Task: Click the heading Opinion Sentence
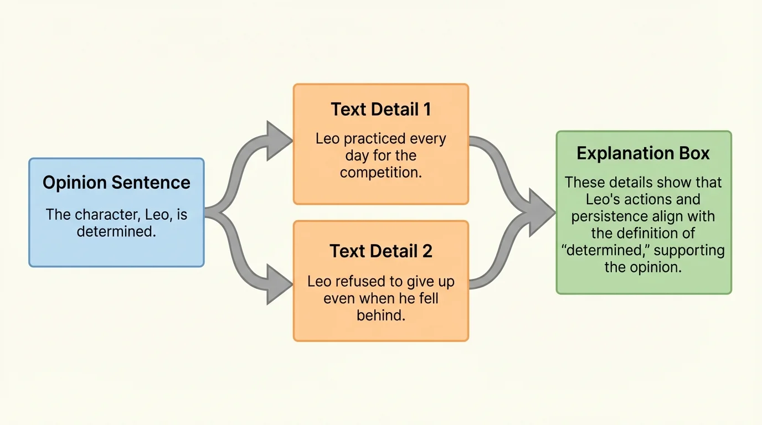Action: pos(116,183)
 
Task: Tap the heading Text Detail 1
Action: pos(381,109)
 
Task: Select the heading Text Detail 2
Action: pos(381,251)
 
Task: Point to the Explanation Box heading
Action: pos(643,153)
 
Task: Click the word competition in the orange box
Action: pos(380,173)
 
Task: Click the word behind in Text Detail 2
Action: pos(380,315)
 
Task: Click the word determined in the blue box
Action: pos(115,231)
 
